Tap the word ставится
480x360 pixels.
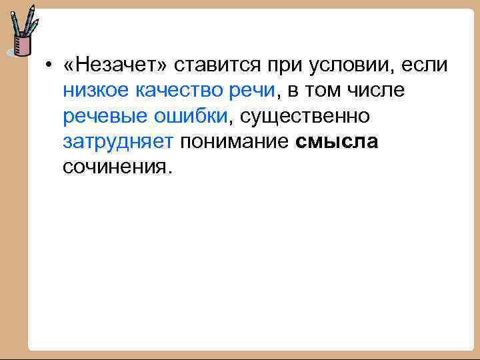[212, 65]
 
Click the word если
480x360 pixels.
[427, 65]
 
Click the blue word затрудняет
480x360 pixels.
[118, 141]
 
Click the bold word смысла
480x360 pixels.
[335, 141]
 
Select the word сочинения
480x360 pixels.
[117, 167]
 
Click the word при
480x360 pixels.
[284, 65]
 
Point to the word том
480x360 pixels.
[323, 91]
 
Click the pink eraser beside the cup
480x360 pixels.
[9, 51]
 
